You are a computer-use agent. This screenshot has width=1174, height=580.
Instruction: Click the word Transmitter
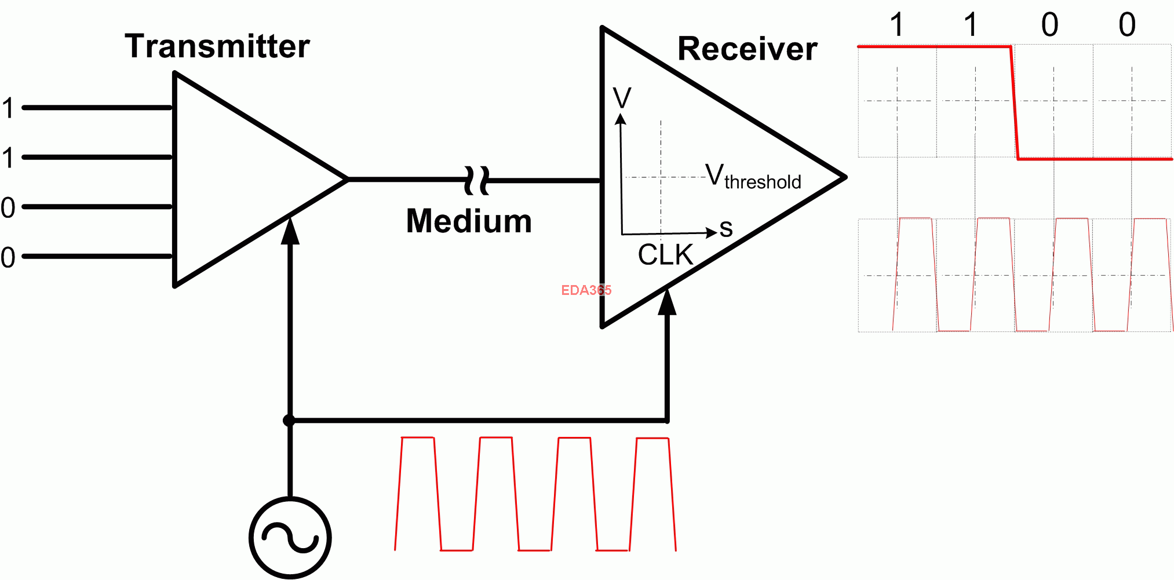[217, 46]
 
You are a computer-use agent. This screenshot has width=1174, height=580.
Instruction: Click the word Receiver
[748, 49]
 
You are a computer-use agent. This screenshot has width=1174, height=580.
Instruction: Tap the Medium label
[469, 221]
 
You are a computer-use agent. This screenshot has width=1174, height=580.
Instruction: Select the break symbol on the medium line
[477, 180]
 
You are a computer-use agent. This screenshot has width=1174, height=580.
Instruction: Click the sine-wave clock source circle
[290, 538]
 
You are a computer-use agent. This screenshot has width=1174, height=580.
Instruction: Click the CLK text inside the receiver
[665, 255]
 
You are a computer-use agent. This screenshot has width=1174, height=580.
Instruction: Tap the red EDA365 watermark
[586, 290]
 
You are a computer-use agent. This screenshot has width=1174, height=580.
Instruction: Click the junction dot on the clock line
[289, 420]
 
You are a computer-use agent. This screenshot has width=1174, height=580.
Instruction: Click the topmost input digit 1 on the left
[8, 108]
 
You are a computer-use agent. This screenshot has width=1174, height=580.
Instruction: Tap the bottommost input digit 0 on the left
[8, 257]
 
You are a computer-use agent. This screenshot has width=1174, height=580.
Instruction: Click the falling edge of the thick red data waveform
[1015, 103]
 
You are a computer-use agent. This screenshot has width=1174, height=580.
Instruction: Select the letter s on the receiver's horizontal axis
[726, 229]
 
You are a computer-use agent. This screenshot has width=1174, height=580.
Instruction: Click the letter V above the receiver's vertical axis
[622, 98]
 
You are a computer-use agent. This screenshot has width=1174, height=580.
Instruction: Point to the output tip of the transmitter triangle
[347, 180]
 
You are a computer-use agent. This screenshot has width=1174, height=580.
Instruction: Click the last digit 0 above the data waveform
[1127, 25]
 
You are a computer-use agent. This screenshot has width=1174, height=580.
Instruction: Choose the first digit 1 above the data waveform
[897, 25]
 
